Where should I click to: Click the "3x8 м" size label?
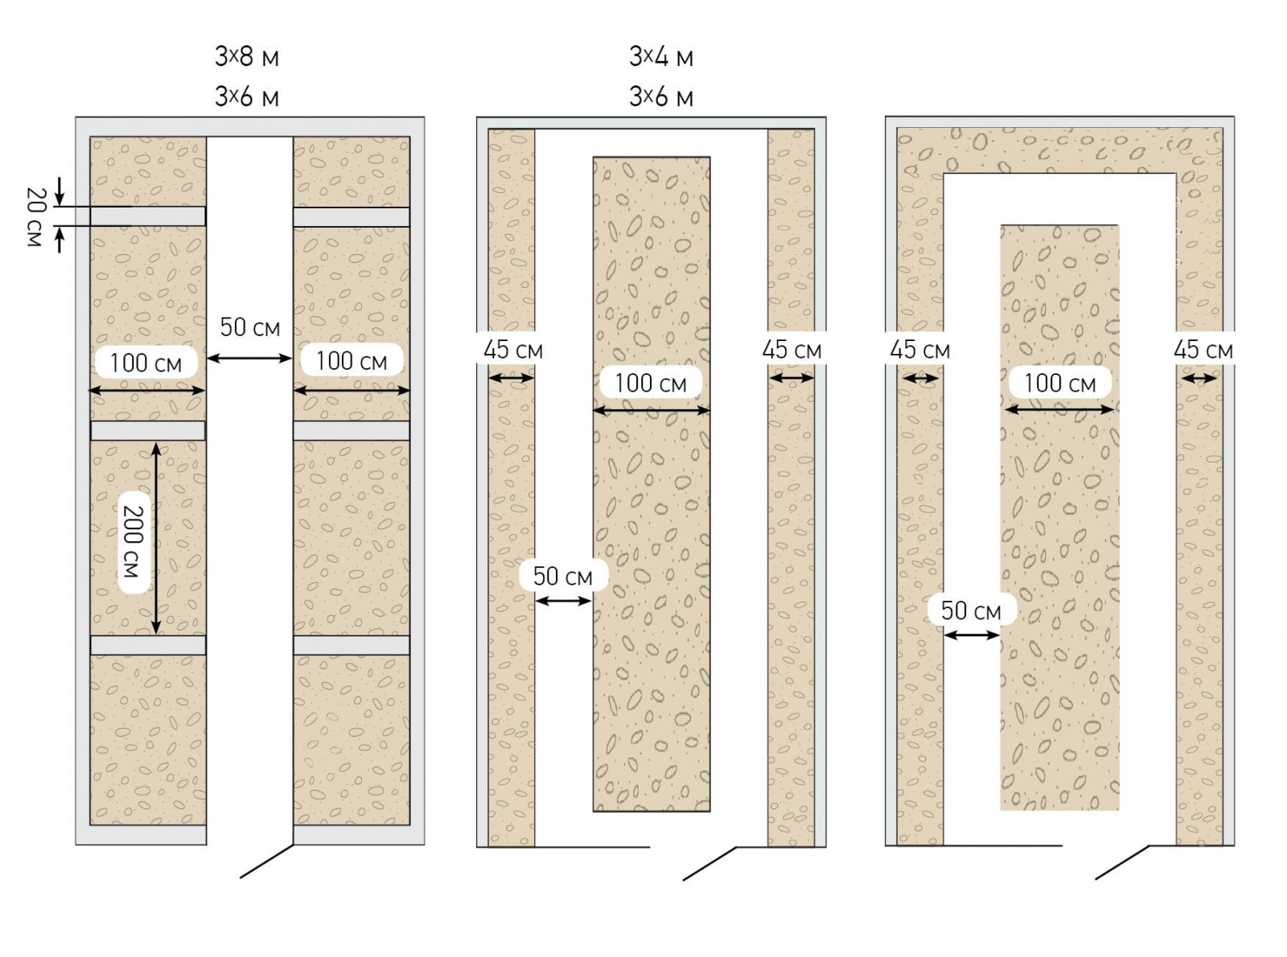247,57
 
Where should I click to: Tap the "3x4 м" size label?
661,57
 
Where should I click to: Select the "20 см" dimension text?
35,216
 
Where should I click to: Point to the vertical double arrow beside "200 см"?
155,538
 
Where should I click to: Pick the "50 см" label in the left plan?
249,327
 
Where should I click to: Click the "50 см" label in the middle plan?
563,576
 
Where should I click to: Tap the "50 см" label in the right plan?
972,610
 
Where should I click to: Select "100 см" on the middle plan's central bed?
651,383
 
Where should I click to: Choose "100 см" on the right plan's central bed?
1059,383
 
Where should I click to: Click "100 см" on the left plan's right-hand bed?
351,361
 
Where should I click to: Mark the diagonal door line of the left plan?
267,860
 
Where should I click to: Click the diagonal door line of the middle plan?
709,864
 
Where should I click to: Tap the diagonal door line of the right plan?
1122,862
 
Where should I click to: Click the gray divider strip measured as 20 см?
148,216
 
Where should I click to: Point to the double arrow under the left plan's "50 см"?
249,359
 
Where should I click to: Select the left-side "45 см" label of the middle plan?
513,349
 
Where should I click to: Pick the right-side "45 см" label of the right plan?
1203,349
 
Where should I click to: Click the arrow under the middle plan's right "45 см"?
792,379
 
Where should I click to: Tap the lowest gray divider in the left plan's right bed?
352,645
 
